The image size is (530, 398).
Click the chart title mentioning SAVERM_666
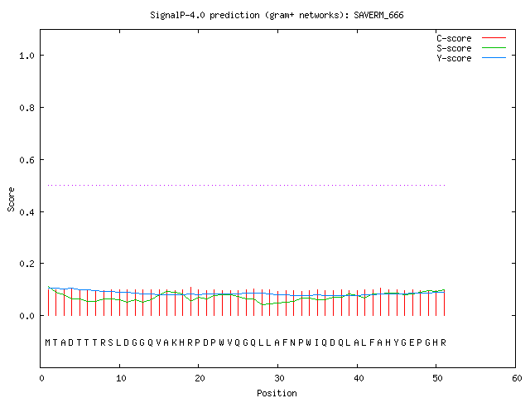(x=277, y=15)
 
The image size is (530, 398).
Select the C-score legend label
(x=454, y=38)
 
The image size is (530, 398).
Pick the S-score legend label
(x=454, y=48)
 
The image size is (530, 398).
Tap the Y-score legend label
(x=454, y=58)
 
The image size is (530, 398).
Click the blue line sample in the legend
(x=494, y=58)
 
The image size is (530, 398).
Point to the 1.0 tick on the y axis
(x=27, y=56)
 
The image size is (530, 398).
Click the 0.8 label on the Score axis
(x=27, y=108)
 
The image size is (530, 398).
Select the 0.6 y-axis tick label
(x=27, y=160)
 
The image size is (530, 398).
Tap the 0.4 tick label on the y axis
(x=27, y=212)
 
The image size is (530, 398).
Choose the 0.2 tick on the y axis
(x=27, y=264)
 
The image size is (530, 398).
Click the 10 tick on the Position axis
(x=121, y=378)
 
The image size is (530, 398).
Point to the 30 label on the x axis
(x=279, y=378)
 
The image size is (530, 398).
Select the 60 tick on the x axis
(x=517, y=378)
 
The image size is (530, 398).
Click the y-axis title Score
(x=11, y=199)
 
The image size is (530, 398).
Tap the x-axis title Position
(x=277, y=393)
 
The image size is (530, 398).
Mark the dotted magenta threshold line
(x=247, y=185)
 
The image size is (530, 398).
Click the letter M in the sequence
(x=48, y=342)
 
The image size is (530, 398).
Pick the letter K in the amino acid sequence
(x=174, y=342)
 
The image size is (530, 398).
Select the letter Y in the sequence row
(x=396, y=342)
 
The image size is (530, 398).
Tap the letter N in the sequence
(x=292, y=342)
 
